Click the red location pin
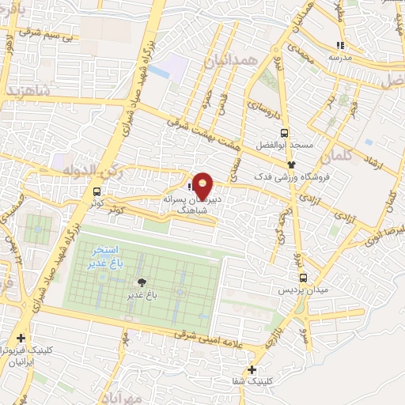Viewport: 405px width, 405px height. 203,185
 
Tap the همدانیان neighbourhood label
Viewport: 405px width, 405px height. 231,60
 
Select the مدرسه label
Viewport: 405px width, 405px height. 340,57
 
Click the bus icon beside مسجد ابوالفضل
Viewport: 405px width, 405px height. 284,133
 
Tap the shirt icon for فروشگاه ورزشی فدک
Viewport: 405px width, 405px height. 293,164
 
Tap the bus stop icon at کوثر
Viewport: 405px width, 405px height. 97,191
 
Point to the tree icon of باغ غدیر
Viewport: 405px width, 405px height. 142,282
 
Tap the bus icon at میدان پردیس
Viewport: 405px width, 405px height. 304,278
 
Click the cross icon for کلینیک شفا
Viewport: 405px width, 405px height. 252,369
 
